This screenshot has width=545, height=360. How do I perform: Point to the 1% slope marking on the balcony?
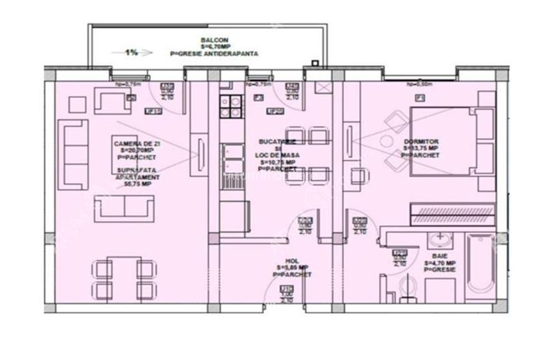click(x=131, y=52)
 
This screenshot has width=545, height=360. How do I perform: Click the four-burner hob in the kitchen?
click(x=230, y=107)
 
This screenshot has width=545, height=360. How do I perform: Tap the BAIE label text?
click(x=440, y=255)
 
